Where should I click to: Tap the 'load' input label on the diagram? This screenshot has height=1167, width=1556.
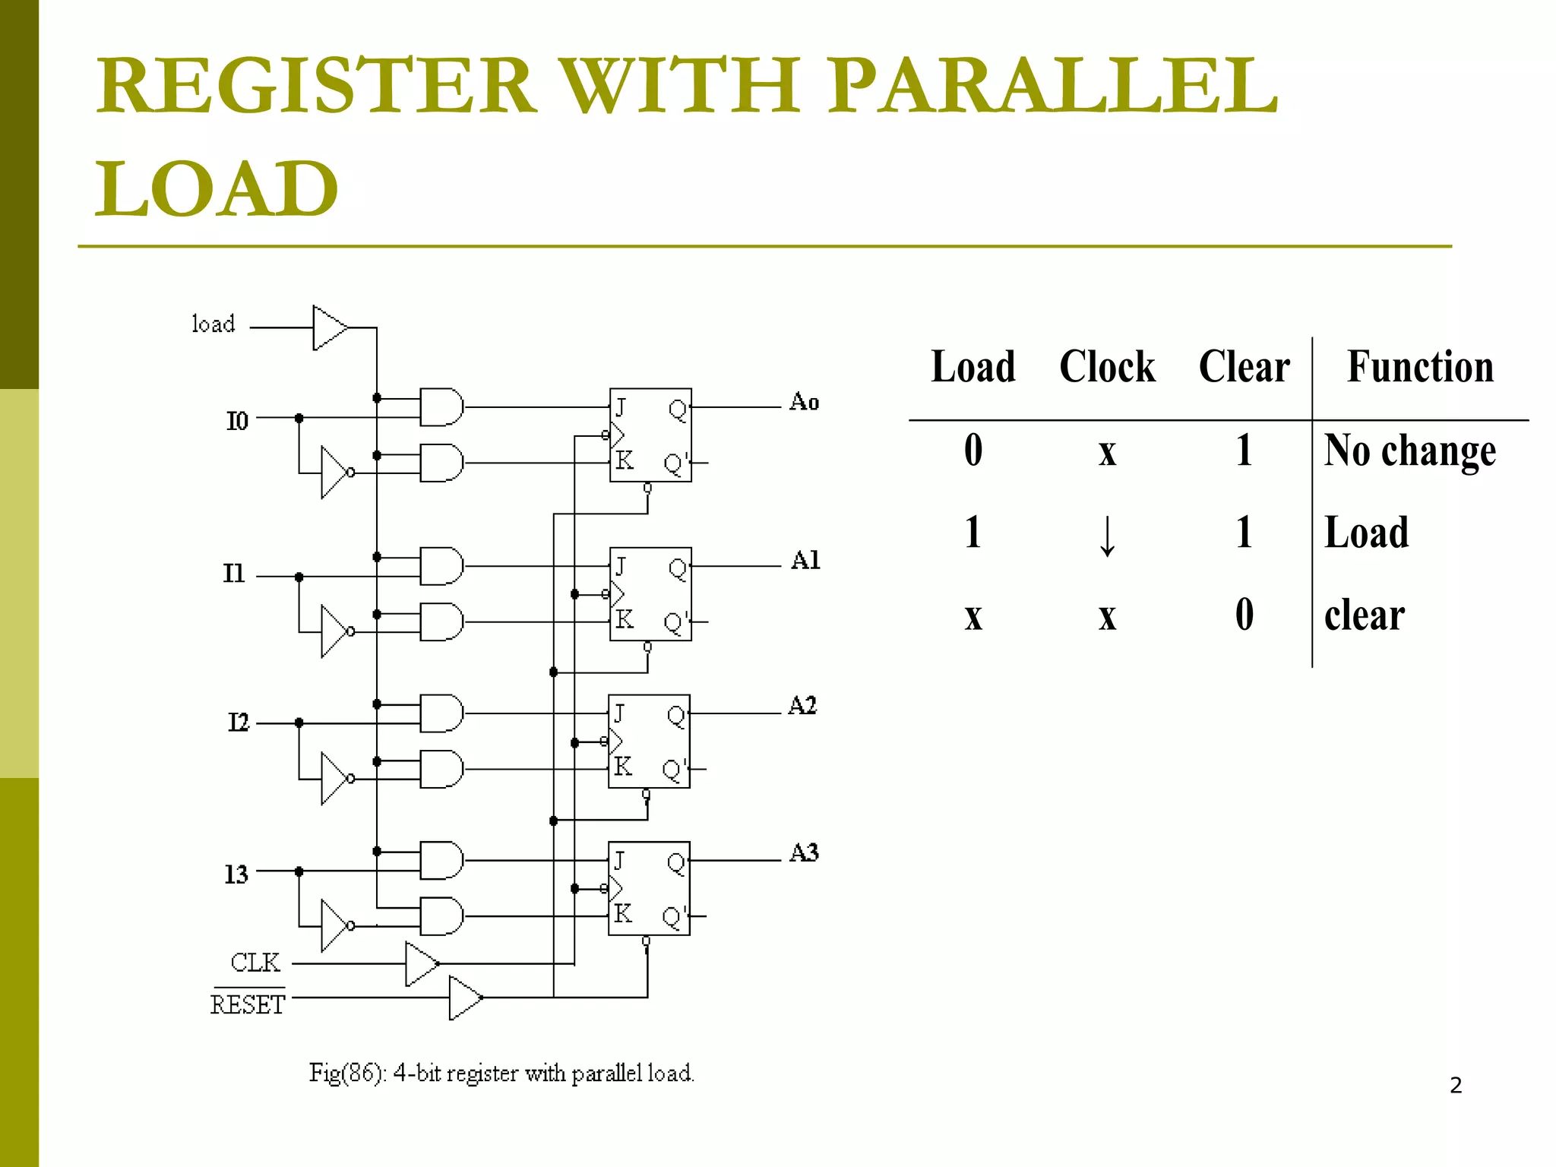[x=213, y=324]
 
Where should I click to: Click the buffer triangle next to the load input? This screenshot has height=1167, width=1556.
[x=328, y=328]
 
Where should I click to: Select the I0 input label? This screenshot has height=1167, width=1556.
[x=237, y=421]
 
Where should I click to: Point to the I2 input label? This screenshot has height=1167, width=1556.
[x=239, y=722]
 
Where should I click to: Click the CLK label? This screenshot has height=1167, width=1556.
[x=255, y=963]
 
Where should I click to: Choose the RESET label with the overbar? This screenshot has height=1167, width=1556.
[x=248, y=1004]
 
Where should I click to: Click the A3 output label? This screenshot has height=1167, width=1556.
[x=804, y=853]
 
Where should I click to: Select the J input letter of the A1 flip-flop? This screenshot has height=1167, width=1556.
[x=621, y=566]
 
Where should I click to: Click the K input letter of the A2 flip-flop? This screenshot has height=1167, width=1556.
[x=622, y=766]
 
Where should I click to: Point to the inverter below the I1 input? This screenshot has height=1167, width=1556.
[x=334, y=631]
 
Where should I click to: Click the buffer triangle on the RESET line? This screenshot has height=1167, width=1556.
[x=464, y=998]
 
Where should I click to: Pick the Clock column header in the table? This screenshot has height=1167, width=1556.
[x=1107, y=367]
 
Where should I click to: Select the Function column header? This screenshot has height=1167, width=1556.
[x=1419, y=367]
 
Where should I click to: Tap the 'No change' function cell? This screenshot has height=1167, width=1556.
[x=1410, y=451]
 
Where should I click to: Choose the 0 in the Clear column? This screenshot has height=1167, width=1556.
[x=1244, y=614]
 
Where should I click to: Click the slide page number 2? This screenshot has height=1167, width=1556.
[x=1455, y=1085]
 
